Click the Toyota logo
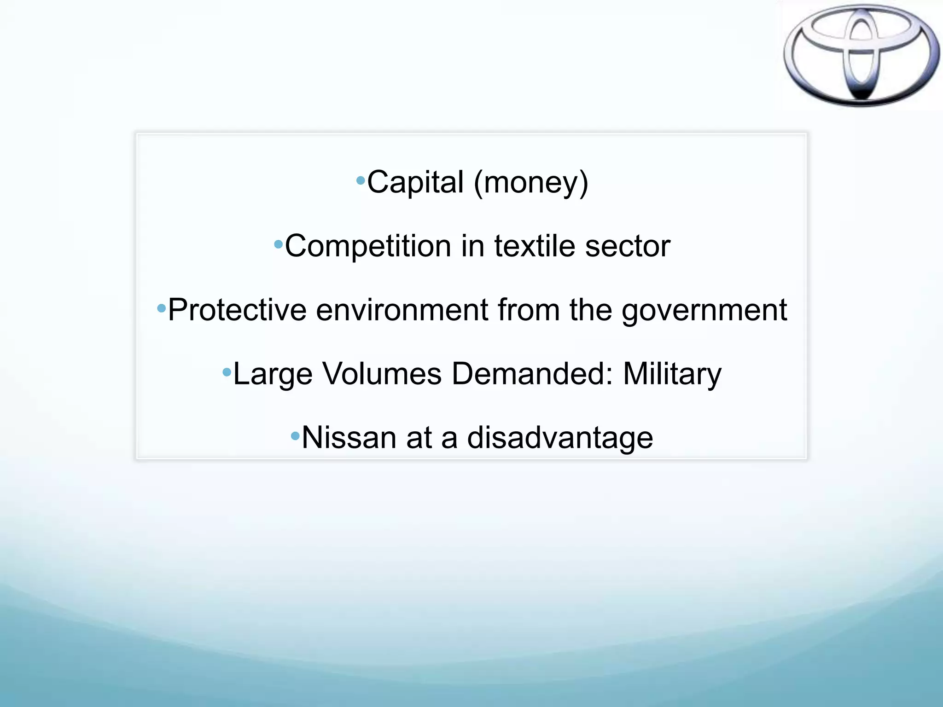[861, 55]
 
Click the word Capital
[415, 182]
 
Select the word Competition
[368, 246]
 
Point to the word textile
[535, 246]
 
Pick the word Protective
[237, 310]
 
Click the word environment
[402, 310]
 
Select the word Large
[273, 374]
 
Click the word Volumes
[382, 373]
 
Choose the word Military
[672, 374]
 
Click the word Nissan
[349, 437]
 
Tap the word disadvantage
[560, 438]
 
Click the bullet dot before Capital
[361, 180]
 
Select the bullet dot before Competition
[278, 244]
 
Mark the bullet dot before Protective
[161, 307]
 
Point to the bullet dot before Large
[227, 371]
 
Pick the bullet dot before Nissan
[295, 435]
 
